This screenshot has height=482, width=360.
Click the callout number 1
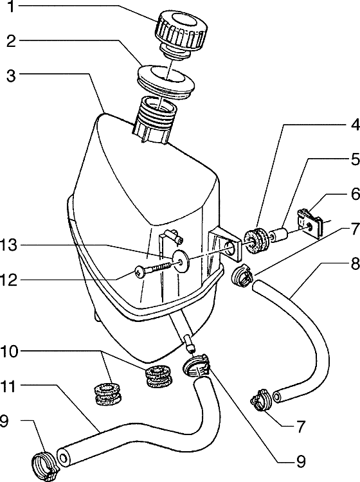pyautogui.click(x=11, y=7)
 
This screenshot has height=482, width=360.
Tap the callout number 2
pyautogui.click(x=11, y=41)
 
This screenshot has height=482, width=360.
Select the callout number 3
pyautogui.click(x=11, y=76)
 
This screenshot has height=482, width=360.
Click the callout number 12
pyautogui.click(x=9, y=280)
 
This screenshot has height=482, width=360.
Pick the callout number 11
pyautogui.click(x=8, y=386)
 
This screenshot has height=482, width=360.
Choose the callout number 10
pyautogui.click(x=9, y=352)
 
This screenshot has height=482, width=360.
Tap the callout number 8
pyautogui.click(x=354, y=263)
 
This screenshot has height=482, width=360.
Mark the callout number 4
pyautogui.click(x=354, y=125)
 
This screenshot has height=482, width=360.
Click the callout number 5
pyautogui.click(x=354, y=159)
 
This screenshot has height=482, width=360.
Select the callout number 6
pyautogui.click(x=354, y=194)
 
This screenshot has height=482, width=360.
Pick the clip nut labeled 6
pyautogui.click(x=310, y=222)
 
